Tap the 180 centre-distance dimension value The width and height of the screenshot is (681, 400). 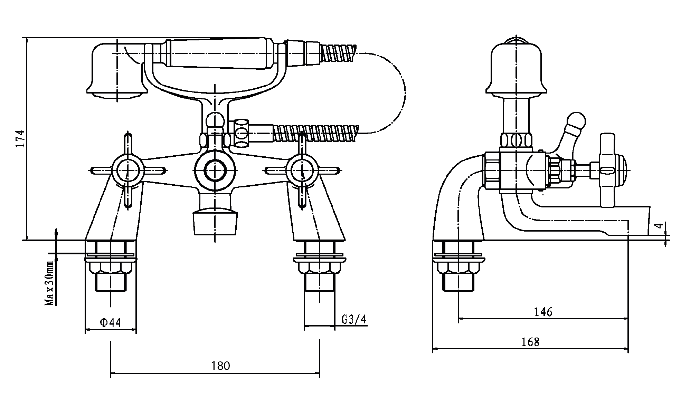(x=221, y=365)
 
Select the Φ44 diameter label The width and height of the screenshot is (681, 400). (x=111, y=322)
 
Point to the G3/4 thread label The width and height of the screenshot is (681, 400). (x=353, y=319)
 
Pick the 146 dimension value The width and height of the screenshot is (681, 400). (x=543, y=312)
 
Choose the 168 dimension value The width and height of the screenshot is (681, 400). (x=530, y=342)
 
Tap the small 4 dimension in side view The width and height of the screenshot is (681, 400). (x=659, y=226)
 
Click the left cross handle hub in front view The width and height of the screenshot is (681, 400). (x=128, y=170)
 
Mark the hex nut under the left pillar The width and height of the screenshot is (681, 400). (x=111, y=267)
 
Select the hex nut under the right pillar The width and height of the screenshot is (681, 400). (x=319, y=267)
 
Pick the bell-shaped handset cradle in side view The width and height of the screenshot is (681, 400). (x=516, y=69)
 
